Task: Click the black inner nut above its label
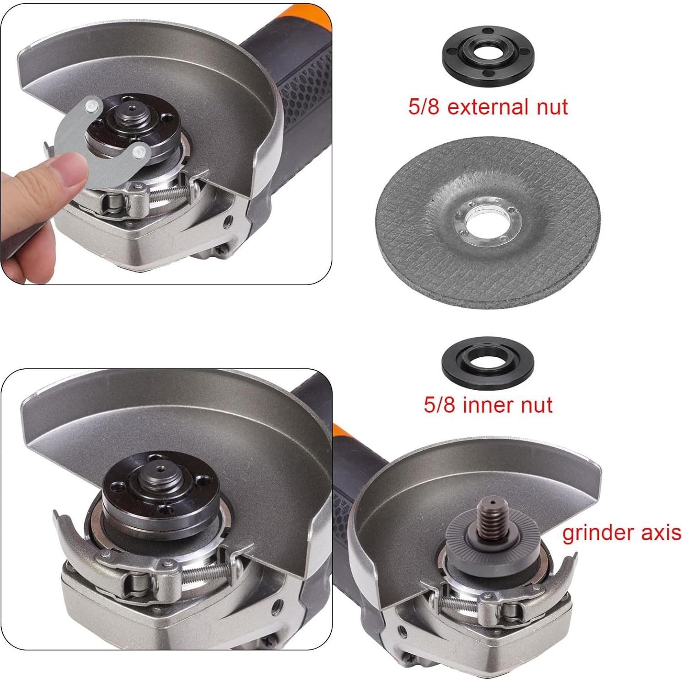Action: coord(488,361)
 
